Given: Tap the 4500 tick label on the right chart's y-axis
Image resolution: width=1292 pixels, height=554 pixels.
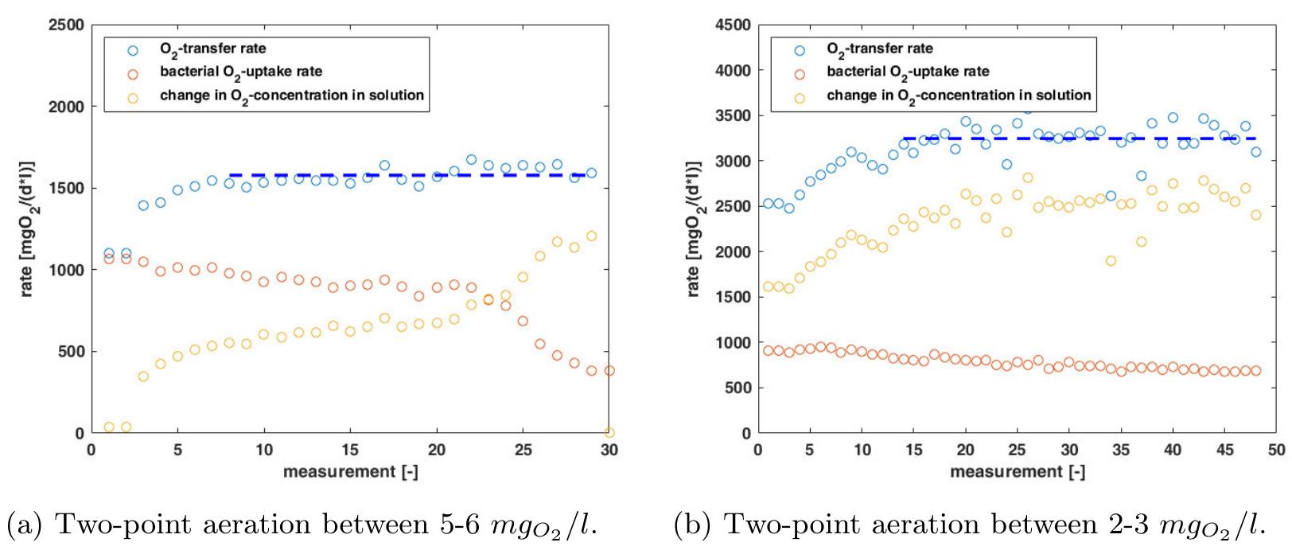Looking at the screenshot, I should (x=734, y=25).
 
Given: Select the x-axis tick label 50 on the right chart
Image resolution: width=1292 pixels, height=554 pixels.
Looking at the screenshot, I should (x=1276, y=451).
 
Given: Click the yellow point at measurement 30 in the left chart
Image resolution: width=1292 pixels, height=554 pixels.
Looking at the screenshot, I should (x=609, y=432).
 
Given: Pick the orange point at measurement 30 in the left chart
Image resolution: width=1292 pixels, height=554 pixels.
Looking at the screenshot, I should (x=609, y=371).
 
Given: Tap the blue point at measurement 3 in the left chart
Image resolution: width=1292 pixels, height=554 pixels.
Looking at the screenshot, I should (x=143, y=205).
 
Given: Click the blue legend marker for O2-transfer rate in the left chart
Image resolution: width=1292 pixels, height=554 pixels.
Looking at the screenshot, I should (x=132, y=49).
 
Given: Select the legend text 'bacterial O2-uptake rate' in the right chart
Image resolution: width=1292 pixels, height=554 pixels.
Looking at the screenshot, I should (x=908, y=72).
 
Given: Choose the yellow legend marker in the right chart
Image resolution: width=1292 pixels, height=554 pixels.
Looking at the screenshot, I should (x=799, y=96).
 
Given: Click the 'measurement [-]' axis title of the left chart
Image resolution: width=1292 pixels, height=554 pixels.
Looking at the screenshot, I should (x=350, y=473).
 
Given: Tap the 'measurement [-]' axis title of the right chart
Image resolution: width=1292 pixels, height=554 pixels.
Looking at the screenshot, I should (x=1016, y=473).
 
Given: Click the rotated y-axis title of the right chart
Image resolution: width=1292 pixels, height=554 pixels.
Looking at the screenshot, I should (x=694, y=229).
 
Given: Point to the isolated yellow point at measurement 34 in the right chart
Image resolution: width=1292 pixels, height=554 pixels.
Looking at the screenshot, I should (x=1111, y=261).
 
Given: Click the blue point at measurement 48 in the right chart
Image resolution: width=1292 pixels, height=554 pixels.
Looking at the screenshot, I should (x=1255, y=152).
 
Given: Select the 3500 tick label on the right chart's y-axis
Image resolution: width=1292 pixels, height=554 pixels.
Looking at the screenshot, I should (x=734, y=115).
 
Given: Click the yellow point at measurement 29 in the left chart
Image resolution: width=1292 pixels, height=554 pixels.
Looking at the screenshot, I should (x=591, y=236).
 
